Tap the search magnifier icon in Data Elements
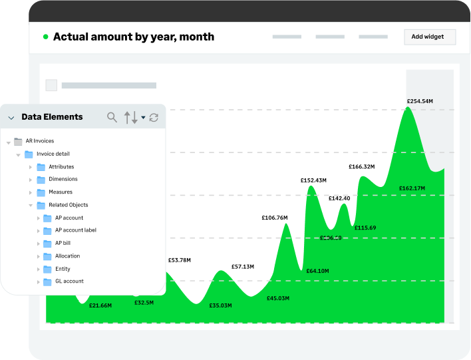[112, 118]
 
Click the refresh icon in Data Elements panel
[154, 118]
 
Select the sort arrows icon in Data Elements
[131, 118]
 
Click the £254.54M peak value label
[420, 101]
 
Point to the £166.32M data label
[361, 166]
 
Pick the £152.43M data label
[313, 180]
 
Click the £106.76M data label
[275, 218]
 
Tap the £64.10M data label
[317, 271]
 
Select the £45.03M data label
[278, 298]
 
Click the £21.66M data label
[100, 305]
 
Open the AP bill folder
[63, 243]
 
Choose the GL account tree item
[69, 281]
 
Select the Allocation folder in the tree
[67, 256]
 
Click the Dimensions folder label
[63, 179]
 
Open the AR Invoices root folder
[39, 141]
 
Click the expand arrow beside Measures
[31, 192]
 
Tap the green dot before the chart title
[45, 37]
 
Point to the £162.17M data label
[412, 188]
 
